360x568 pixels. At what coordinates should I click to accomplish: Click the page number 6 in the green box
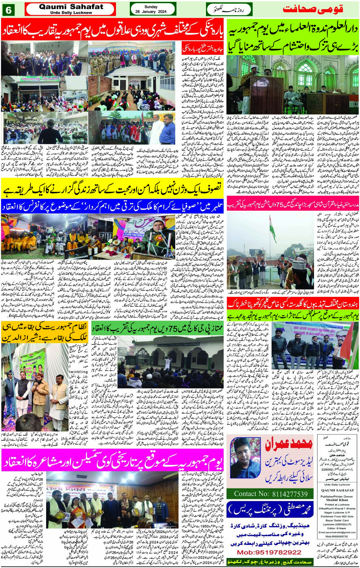tap(8, 10)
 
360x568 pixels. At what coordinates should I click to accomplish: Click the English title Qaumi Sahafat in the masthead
tap(71, 6)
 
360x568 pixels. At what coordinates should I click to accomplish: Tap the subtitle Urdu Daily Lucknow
tap(71, 13)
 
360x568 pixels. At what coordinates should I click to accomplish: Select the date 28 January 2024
tap(151, 12)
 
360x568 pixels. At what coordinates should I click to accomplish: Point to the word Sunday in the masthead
tap(151, 6)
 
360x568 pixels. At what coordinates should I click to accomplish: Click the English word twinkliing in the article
tap(78, 372)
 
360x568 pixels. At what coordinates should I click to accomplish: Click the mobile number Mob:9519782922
tap(269, 552)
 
